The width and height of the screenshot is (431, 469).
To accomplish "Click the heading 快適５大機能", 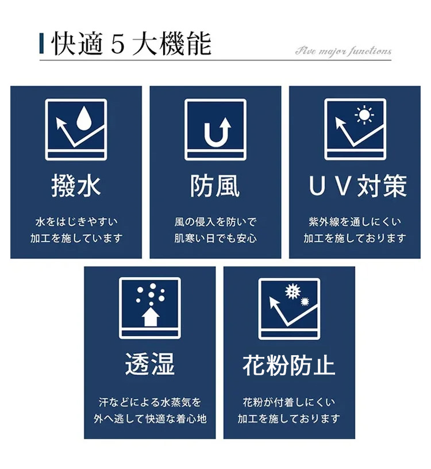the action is pos(132,44).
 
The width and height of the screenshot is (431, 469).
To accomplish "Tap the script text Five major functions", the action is pos(344,52).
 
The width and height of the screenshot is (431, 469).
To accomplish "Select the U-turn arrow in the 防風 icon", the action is pos(217,132).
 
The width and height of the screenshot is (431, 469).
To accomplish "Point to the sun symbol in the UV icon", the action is pos(364,114).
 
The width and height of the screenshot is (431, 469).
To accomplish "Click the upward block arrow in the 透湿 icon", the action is pos(151,317).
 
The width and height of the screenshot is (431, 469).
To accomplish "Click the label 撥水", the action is pos(76,186).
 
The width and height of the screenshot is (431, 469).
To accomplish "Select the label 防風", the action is pos(215,186).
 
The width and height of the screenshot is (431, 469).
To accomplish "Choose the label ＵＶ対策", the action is pos(357,186).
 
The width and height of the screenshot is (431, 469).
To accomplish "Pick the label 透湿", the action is pos(150,364).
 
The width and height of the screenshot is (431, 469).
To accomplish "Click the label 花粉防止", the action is pos(289,365).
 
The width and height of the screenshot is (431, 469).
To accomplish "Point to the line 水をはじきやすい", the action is pos(76,222).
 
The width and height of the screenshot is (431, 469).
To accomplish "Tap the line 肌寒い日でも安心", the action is pos(215,239).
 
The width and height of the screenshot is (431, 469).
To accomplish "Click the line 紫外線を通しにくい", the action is pos(355,222).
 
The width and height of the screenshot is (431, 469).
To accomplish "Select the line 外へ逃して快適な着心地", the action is pos(150,418).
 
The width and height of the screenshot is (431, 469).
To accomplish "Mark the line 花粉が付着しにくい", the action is pos(289,402).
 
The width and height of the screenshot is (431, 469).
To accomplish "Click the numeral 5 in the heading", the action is pos(118,45).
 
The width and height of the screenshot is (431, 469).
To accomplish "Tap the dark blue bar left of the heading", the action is pos(41,44).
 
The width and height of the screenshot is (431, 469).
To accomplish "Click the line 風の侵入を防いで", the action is pos(215,222).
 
